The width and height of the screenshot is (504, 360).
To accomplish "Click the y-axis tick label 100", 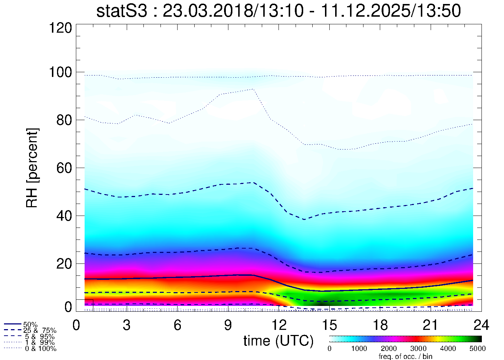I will (x=61, y=72).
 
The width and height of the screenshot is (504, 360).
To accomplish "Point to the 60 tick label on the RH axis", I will (x=64, y=168).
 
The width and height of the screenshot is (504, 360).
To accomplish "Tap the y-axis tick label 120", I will (x=61, y=28).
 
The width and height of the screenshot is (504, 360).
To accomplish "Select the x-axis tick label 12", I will (x=279, y=325).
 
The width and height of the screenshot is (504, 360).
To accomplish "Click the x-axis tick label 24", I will (x=481, y=325).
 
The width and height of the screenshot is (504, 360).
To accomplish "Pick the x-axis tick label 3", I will (x=126, y=325).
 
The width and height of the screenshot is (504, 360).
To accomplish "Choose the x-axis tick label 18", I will (x=380, y=325).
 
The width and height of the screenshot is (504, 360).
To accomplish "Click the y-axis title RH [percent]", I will (x=32, y=168).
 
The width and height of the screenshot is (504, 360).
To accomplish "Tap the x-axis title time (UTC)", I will (x=279, y=341).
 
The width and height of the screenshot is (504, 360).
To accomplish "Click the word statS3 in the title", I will (x=122, y=11).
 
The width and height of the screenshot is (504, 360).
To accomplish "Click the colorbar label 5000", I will (x=477, y=349).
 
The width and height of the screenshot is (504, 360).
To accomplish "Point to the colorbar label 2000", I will (x=389, y=349).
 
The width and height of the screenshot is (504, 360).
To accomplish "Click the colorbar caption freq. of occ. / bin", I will (x=405, y=356).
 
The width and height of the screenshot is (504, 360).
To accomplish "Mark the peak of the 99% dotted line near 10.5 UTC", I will (x=252, y=89).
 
